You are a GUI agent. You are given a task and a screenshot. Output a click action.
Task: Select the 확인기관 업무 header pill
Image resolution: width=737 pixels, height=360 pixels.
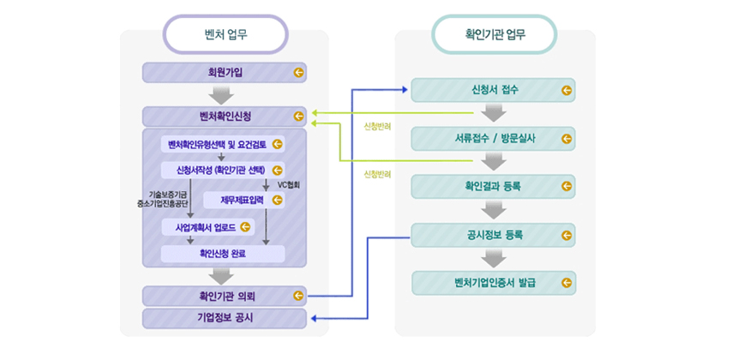pyautogui.click(x=494, y=35)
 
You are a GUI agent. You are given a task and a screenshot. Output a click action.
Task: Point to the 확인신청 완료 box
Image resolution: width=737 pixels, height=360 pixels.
pyautogui.click(x=223, y=254)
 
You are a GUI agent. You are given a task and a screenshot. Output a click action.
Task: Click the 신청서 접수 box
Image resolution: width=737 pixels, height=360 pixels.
pyautogui.click(x=493, y=89)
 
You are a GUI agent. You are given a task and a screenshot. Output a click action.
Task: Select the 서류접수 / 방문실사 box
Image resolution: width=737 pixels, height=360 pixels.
pyautogui.click(x=493, y=137)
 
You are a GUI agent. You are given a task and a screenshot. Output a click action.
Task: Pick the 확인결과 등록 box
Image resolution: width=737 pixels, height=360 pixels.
pyautogui.click(x=493, y=185)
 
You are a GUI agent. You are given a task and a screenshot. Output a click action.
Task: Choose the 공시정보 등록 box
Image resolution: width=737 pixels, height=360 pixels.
pyautogui.click(x=493, y=233)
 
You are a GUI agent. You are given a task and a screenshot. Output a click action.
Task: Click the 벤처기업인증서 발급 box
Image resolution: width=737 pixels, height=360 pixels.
pyautogui.click(x=493, y=282)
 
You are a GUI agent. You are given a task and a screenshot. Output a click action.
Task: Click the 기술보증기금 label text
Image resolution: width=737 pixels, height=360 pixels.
pyautogui.click(x=168, y=195)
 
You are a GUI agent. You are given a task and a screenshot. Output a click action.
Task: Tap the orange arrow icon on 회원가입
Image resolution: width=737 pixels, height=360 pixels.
pyautogui.click(x=298, y=73)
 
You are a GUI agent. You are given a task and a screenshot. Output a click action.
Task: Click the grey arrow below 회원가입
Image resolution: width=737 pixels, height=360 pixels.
pyautogui.click(x=223, y=94)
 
